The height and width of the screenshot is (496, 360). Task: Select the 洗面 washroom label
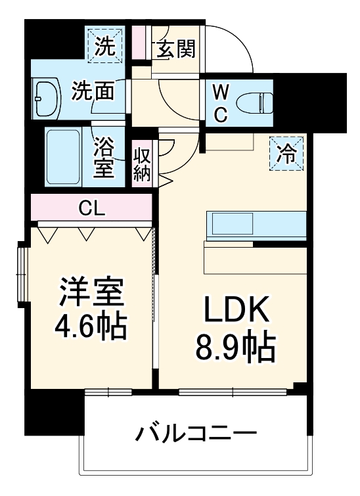93,90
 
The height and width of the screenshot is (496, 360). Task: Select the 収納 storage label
143,164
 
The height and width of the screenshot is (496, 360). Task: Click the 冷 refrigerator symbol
286,154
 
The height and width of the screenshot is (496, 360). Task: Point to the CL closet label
92,209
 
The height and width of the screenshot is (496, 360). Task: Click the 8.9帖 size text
234,348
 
